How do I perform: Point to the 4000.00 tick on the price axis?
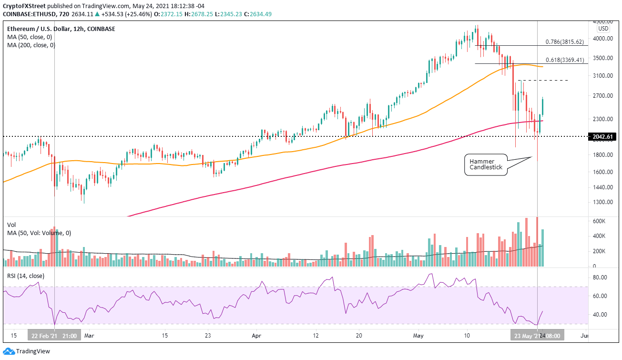602,39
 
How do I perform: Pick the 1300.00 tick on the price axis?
602,202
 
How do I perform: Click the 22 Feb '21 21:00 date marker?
54,335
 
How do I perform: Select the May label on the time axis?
418,335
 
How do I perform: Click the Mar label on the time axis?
89,335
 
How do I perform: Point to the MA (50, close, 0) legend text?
30,37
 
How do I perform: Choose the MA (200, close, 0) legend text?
31,45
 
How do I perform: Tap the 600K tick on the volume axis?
599,221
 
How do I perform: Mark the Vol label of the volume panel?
11,225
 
